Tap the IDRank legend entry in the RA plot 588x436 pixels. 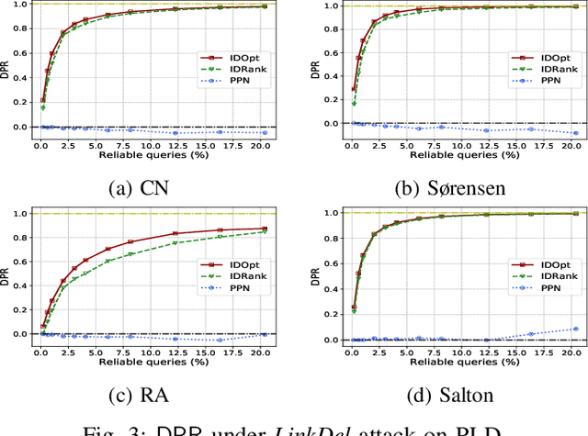[240, 276]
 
